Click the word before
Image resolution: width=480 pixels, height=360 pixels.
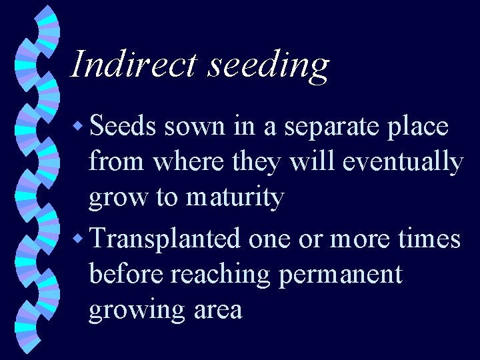(x=127, y=274)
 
